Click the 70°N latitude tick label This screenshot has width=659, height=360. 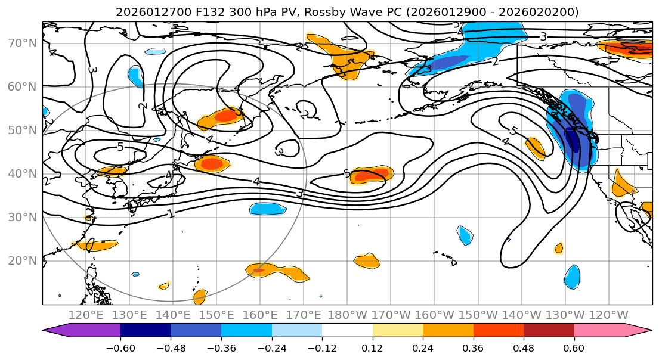(x=21, y=43)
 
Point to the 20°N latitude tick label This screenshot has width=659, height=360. (x=21, y=260)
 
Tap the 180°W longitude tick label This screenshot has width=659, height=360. (x=347, y=315)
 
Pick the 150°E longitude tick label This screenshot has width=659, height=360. (x=216, y=315)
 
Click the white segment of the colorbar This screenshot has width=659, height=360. (x=347, y=331)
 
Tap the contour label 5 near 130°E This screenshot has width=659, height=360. (x=120, y=147)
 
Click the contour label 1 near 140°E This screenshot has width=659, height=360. (x=171, y=213)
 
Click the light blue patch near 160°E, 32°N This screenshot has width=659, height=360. (x=268, y=209)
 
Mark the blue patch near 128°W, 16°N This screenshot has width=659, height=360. (x=572, y=277)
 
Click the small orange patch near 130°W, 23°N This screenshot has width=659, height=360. (x=559, y=248)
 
